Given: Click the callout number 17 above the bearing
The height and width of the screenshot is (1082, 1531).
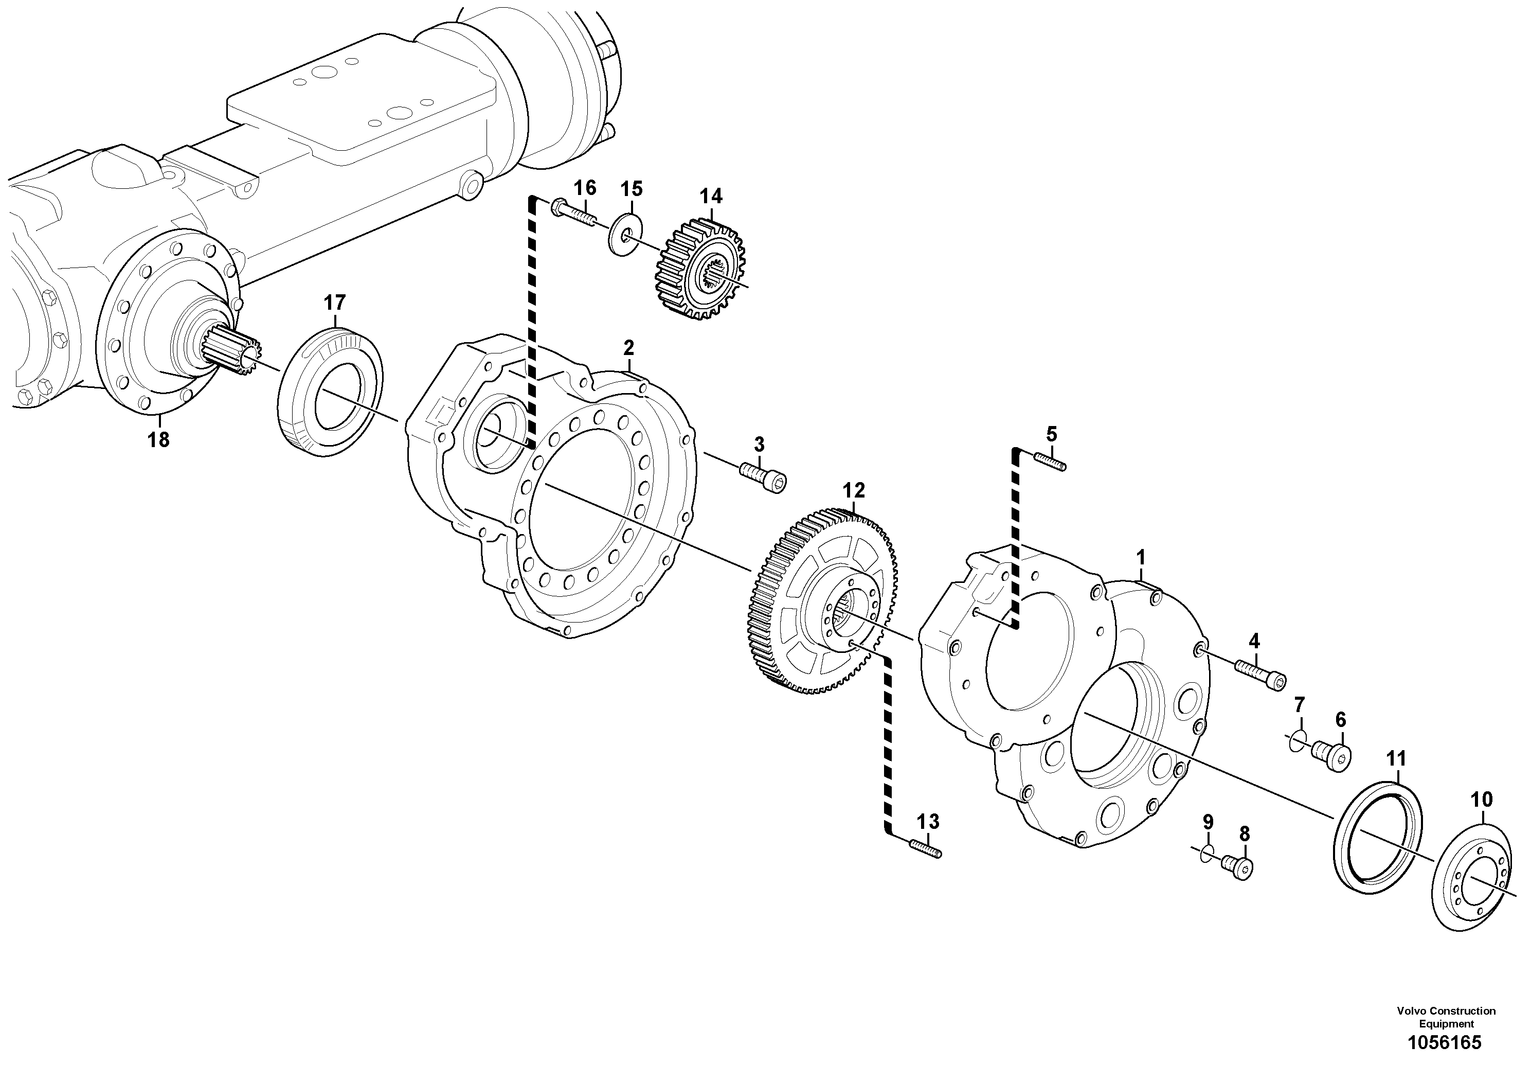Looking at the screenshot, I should (x=335, y=303).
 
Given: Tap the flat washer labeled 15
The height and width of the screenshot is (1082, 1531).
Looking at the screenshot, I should (x=625, y=234).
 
